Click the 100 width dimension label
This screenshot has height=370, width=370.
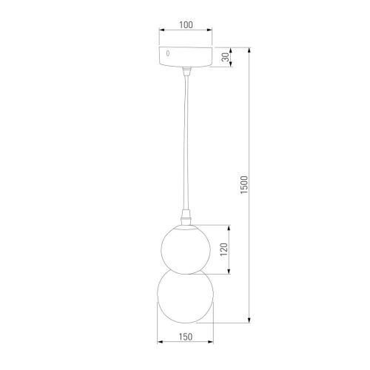pyautogui.click(x=186, y=25)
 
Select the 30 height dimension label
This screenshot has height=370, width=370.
pyautogui.click(x=226, y=56)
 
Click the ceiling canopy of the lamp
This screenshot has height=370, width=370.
pyautogui.click(x=186, y=56)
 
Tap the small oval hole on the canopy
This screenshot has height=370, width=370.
pyautogui.click(x=169, y=54)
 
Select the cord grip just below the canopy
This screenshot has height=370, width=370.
pyautogui.click(x=186, y=71)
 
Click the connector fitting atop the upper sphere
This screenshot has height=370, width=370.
pyautogui.click(x=186, y=217)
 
